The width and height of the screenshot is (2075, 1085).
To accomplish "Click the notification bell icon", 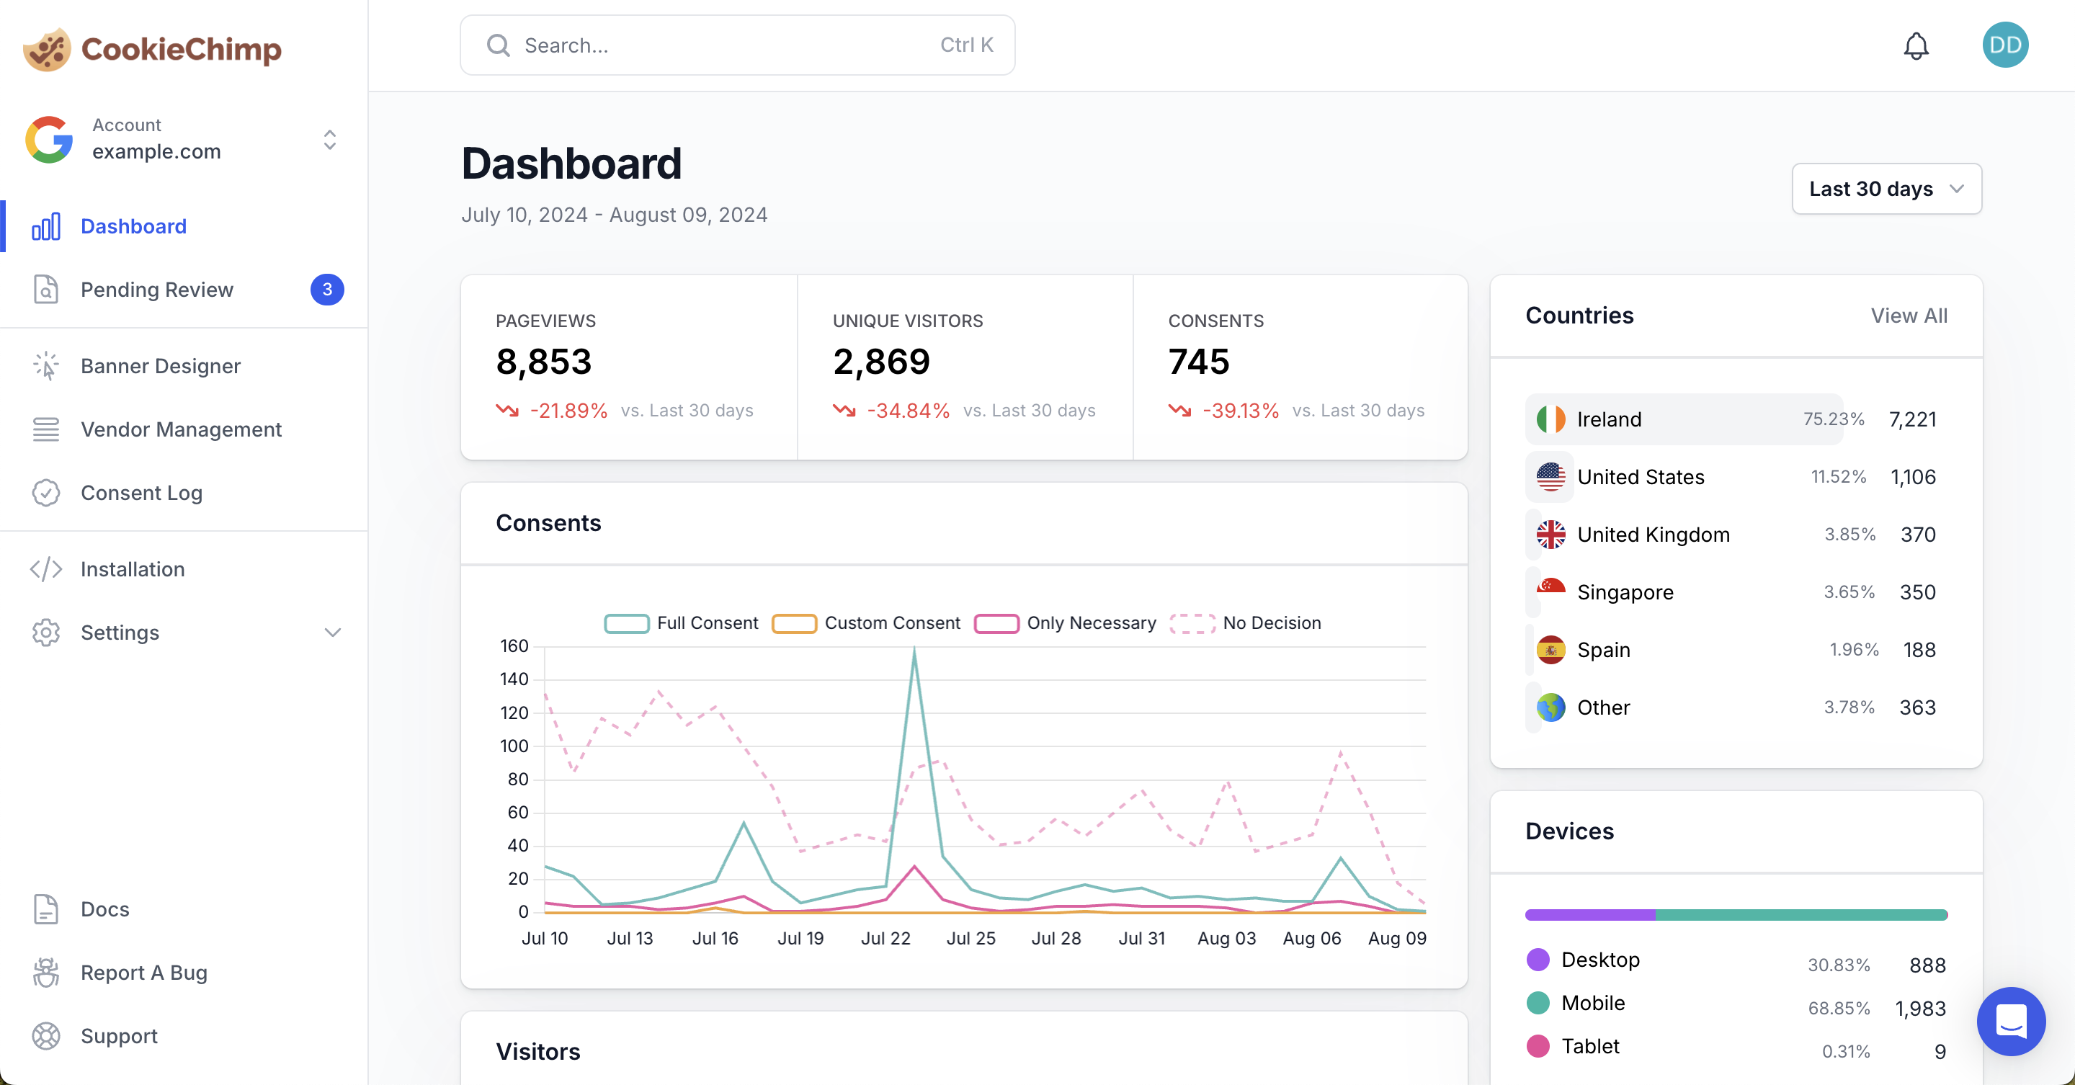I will tap(1916, 46).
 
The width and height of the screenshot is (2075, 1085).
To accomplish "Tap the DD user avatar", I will tap(2004, 45).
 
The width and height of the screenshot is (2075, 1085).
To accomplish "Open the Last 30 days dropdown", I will tap(1886, 189).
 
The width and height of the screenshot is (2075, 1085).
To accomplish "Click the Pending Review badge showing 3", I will tap(327, 289).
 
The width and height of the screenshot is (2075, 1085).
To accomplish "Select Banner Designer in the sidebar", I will tap(160, 366).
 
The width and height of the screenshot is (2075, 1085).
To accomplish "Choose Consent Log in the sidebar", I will tap(141, 493).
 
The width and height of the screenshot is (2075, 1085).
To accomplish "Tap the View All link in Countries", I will tap(1909, 316).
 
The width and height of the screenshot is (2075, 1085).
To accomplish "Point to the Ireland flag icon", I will tap(1550, 419).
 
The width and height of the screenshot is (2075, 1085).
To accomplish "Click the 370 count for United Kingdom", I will tap(1917, 535).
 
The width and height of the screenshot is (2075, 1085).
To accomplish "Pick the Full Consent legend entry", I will tap(682, 623).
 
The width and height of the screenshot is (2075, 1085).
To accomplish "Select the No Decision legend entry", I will tap(1245, 623).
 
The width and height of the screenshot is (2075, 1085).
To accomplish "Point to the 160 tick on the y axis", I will tap(514, 646).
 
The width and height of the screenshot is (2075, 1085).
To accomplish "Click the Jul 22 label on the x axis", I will tap(885, 939).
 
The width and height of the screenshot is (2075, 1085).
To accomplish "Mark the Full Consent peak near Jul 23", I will tap(914, 651).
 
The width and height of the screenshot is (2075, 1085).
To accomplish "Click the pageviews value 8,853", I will tap(544, 362).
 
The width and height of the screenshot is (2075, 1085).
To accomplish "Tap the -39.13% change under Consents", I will tap(1241, 411).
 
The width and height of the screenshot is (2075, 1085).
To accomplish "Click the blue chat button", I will tap(2011, 1021).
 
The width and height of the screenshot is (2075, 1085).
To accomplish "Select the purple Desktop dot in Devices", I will tap(1538, 960).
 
